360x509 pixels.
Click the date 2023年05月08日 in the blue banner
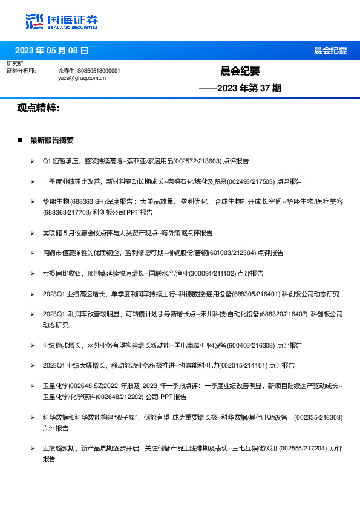pyautogui.click(x=51, y=50)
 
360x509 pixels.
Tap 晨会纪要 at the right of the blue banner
pyautogui.click(x=330, y=50)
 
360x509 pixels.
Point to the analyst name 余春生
pyautogui.click(x=66, y=71)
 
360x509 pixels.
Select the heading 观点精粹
pyautogui.click(x=38, y=108)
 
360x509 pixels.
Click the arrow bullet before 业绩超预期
pyautogui.click(x=33, y=449)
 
